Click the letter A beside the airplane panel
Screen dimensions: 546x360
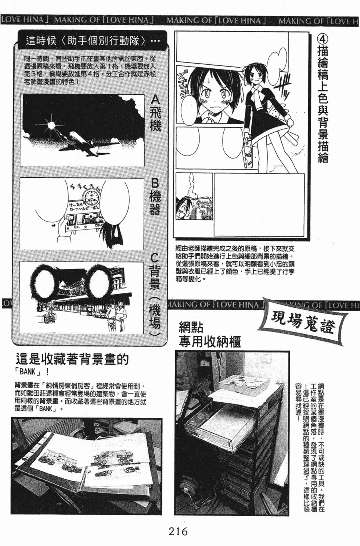pyautogui.click(x=156, y=100)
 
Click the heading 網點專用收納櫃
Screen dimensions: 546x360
pyautogui.click(x=209, y=335)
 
